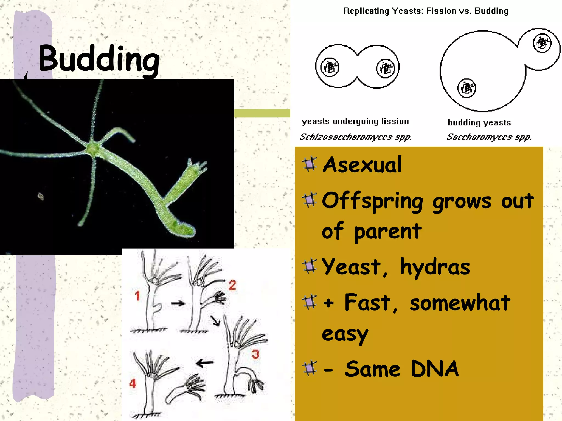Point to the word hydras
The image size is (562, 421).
coord(435,267)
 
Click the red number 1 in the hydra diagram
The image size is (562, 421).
coord(137,296)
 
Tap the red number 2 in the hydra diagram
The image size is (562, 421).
coord(232,285)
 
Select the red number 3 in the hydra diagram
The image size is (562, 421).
coord(255,354)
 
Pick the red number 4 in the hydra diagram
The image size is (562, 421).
coord(133,383)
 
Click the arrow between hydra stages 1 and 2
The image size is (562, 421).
coord(178,303)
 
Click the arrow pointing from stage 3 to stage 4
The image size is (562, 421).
coord(205,363)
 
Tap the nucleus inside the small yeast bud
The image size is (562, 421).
coord(542,43)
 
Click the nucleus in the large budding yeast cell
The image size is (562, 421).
coord(467,88)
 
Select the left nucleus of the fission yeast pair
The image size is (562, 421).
coord(330,67)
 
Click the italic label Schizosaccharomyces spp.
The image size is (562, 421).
coord(356,137)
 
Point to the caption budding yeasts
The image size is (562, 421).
coord(479,123)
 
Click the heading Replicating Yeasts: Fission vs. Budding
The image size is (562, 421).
coord(426,11)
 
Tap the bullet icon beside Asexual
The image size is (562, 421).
coord(310,164)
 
